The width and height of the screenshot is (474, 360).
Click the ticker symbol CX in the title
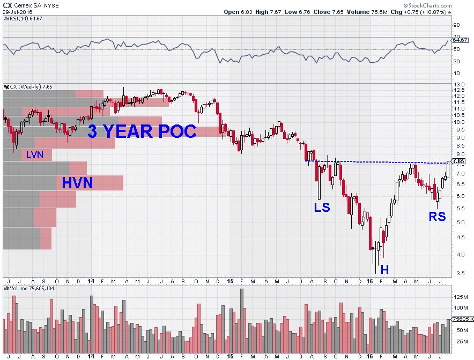pos(7,4)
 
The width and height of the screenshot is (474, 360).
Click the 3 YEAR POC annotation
pos(142,131)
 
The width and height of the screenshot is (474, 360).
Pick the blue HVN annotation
pos(77,183)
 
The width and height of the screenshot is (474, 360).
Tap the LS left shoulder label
pos(322,207)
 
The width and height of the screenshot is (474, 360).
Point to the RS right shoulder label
pos(437,217)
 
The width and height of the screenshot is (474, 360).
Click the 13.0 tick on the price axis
pos(458,85)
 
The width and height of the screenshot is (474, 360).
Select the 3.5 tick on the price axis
pos(458,274)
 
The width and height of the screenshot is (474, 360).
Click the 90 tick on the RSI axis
pos(456,25)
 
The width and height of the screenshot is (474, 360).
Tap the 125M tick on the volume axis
pos(460,297)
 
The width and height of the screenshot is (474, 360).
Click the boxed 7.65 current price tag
pos(458,161)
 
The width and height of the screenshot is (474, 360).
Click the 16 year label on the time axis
pos(369,281)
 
